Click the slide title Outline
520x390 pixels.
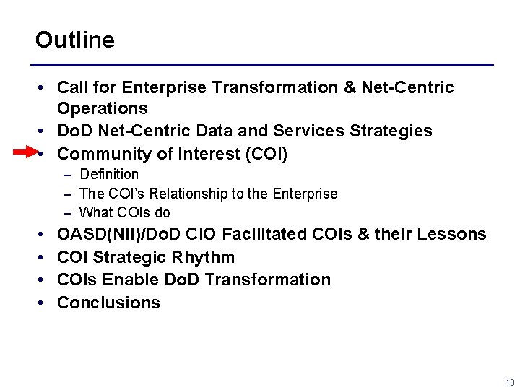point(74,40)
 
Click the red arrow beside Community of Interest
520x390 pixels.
point(25,152)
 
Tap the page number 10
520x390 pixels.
point(510,382)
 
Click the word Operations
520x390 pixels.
point(102,109)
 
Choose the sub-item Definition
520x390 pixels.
point(109,174)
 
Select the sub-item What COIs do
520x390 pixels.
point(124,212)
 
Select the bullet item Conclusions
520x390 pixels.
point(108,303)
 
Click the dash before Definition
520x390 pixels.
point(67,175)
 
